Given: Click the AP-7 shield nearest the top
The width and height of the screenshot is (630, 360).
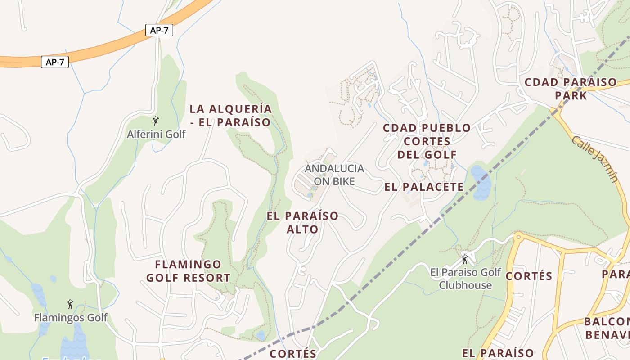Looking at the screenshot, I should (x=159, y=30).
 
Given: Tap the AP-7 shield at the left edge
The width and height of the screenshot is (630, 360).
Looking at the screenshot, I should (x=55, y=62).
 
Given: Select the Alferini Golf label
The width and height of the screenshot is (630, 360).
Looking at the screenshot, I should (x=156, y=134).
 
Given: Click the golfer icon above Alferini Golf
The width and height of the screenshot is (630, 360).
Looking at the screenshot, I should (x=156, y=121).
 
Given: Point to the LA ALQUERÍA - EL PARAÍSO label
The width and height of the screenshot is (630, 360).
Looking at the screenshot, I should (x=230, y=116).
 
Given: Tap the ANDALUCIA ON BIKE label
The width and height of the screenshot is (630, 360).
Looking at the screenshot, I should (x=334, y=175).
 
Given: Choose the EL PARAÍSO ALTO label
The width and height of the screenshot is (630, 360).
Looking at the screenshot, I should (x=302, y=222).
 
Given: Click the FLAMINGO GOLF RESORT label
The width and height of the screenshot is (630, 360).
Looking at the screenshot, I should (x=188, y=271).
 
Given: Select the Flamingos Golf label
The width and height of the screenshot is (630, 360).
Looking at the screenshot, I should (x=71, y=318).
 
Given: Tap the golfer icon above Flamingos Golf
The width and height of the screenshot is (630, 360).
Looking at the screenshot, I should (x=70, y=305).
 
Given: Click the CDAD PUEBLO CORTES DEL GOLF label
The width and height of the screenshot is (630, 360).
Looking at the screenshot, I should (x=426, y=141).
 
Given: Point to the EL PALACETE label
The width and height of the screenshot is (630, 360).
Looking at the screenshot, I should (x=424, y=187).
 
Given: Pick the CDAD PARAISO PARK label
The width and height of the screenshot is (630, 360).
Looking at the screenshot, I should (x=571, y=89).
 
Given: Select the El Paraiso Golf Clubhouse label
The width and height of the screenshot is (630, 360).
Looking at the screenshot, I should (x=465, y=279).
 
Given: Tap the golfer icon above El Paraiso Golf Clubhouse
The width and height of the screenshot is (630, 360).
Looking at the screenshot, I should (x=465, y=259).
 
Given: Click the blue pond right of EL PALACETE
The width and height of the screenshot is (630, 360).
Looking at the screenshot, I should (x=481, y=182).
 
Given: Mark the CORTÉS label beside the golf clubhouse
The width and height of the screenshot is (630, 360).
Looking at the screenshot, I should (x=529, y=276).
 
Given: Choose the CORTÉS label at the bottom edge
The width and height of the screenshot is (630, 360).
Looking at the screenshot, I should (x=293, y=354).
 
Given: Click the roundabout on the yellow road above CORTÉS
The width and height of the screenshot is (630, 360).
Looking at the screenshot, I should (x=519, y=236).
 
